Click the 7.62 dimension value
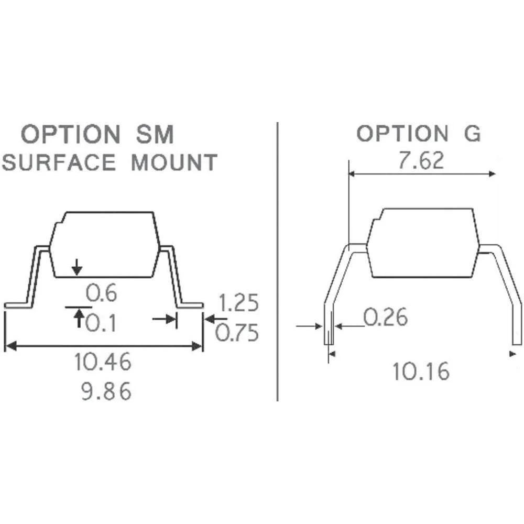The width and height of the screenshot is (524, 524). pyautogui.click(x=421, y=160)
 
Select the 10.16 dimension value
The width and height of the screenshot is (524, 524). pyautogui.click(x=421, y=372)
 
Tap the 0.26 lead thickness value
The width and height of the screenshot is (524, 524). pyautogui.click(x=385, y=317)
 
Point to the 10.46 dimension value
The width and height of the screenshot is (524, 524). pyautogui.click(x=103, y=362)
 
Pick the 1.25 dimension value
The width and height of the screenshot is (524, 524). pyautogui.click(x=238, y=303)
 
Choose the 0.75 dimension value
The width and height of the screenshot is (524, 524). pyautogui.click(x=238, y=333)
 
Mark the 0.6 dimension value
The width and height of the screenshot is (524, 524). pyautogui.click(x=102, y=294)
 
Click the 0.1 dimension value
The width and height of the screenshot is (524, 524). pyautogui.click(x=102, y=324)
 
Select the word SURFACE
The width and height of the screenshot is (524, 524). pyautogui.click(x=58, y=162)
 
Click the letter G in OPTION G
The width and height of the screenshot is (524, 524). pyautogui.click(x=472, y=134)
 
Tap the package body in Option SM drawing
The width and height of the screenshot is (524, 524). pyautogui.click(x=105, y=244)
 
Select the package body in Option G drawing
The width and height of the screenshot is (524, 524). pyautogui.click(x=423, y=242)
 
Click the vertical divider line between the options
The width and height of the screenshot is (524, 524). pyautogui.click(x=277, y=262)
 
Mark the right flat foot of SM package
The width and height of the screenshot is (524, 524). pyautogui.click(x=191, y=305)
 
